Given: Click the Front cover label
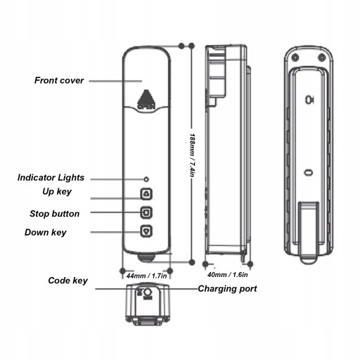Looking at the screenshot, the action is point(59,80).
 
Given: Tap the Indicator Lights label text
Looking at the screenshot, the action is point(51,178).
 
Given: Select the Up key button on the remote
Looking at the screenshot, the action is point(146,194).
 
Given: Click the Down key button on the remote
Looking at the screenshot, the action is point(146,231).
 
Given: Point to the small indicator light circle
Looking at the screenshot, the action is point(146,179).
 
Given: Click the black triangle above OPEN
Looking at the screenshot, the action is point(146,97).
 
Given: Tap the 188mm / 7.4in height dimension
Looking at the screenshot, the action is point(192,155).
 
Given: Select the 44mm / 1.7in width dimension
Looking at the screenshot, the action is point(147,276).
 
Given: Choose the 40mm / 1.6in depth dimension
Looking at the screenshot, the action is point(228,275).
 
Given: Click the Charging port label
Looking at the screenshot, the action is point(227,289).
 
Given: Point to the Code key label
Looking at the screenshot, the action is point(67,281).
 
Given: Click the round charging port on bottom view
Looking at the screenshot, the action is point(148,292).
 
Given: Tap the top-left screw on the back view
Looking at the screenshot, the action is point(295,57).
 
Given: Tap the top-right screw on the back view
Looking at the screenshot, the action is point(322,57).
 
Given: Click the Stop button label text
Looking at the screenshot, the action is point(54,214).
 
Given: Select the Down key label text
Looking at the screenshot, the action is point(46,233).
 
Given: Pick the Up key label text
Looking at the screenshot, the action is point(57,191).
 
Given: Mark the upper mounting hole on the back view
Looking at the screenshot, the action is point(309,100).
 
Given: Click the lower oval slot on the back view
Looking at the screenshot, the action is point(309,173).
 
